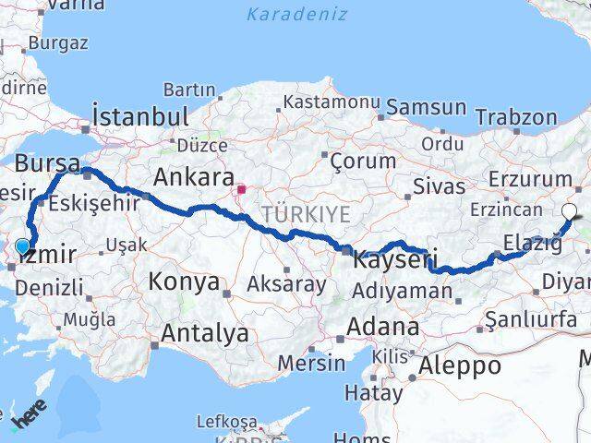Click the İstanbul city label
[x=140, y=117]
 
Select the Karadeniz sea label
[x=297, y=14]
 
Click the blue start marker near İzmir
[x=23, y=245]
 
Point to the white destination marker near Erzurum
[x=569, y=210]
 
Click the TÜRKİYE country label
[x=306, y=214]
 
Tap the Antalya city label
[x=204, y=333]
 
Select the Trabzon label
[x=516, y=117]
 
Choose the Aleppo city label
[x=459, y=365]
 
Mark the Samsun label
[x=426, y=107]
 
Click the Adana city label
[x=382, y=327]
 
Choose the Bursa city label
[x=47, y=164]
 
